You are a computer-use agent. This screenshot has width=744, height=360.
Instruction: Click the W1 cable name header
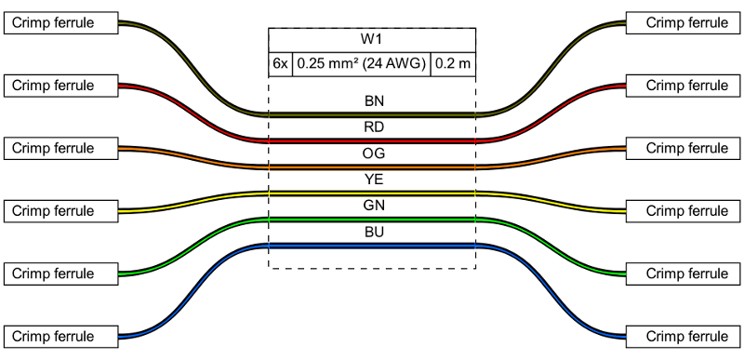(372, 40)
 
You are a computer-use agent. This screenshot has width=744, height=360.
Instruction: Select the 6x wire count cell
(281, 64)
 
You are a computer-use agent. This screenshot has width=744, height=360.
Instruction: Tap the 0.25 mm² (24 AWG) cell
(362, 64)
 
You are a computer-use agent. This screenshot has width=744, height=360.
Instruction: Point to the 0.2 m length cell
(453, 64)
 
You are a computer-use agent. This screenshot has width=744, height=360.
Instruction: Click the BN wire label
(372, 100)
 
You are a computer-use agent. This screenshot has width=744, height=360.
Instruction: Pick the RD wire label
(372, 127)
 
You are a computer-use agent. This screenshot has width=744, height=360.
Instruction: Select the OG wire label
(372, 153)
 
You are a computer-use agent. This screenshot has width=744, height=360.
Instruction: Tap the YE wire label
(372, 179)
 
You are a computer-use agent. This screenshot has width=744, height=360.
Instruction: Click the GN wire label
(372, 205)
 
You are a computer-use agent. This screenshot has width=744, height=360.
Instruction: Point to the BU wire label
(372, 231)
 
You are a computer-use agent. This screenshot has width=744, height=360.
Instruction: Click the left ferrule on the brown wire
(61, 23)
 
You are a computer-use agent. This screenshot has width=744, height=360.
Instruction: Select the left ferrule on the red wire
(61, 86)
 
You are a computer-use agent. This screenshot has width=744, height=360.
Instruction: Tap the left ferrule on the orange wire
(61, 148)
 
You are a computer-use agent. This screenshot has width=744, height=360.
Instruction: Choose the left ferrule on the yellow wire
(61, 210)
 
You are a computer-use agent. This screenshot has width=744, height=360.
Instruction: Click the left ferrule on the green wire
(61, 273)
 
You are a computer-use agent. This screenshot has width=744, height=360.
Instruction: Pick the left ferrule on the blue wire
(61, 336)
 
